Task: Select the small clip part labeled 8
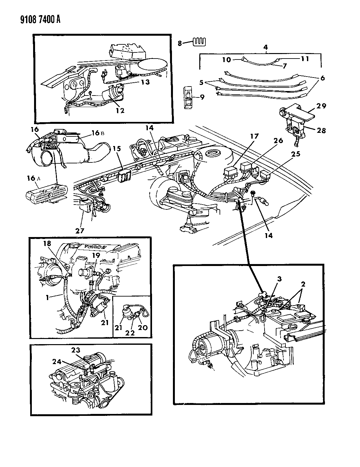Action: pos(200,42)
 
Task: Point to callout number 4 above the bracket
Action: pos(265,47)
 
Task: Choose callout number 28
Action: pos(321,130)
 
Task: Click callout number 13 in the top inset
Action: pos(145,82)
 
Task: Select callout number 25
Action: pos(295,154)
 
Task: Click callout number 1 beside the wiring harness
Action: pos(47,298)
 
